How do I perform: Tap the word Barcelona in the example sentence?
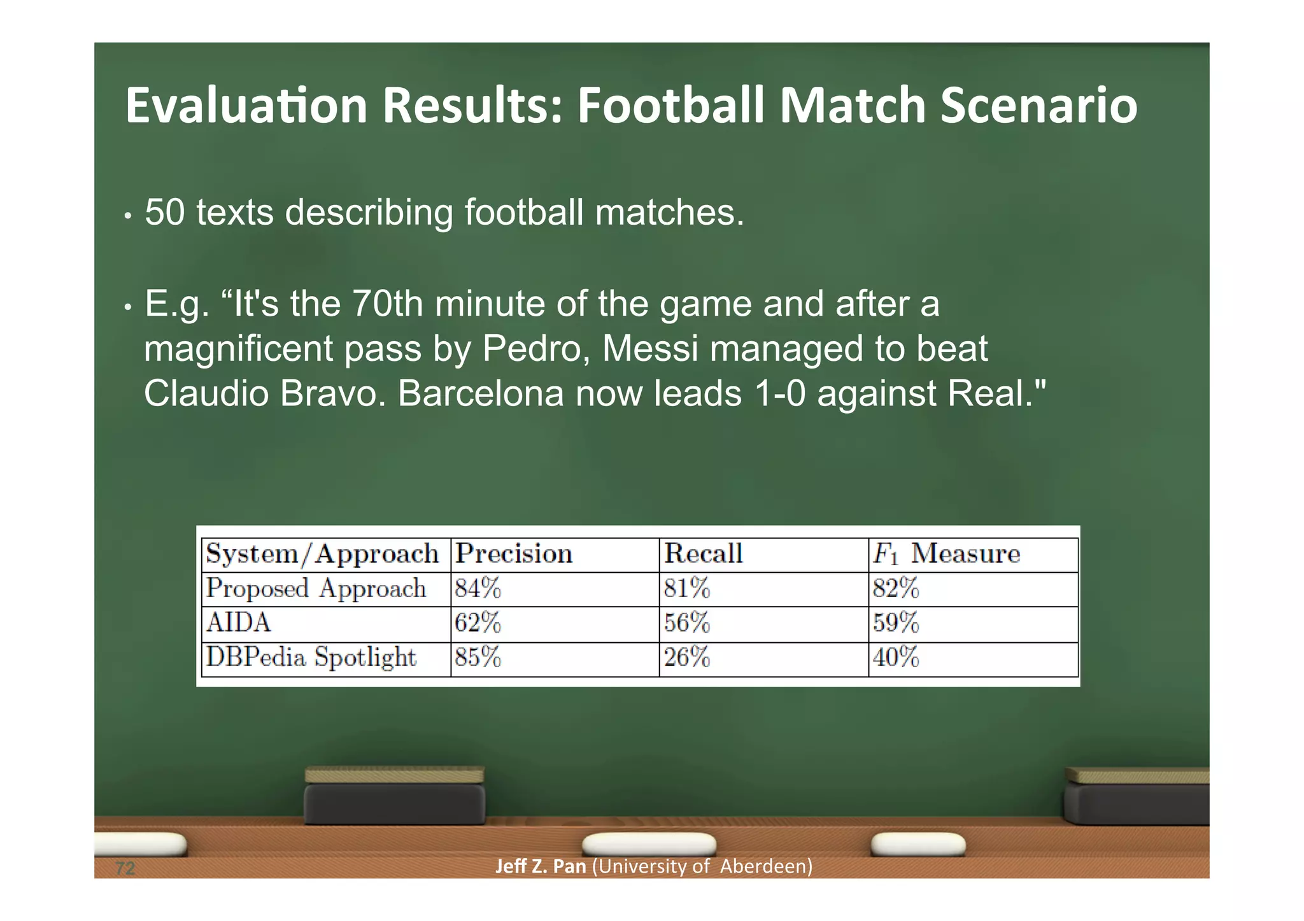click(x=481, y=393)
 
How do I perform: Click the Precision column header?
click(x=514, y=554)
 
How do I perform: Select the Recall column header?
click(x=703, y=554)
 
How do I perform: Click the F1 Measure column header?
click(x=946, y=554)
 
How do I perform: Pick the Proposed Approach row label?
click(x=316, y=589)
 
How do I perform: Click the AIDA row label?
click(x=238, y=623)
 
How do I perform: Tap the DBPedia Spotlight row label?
click(x=311, y=657)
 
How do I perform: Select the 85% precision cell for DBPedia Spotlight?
click(x=478, y=657)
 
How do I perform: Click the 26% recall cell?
click(x=686, y=657)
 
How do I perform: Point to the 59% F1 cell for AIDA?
click(x=895, y=623)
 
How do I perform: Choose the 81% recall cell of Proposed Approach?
click(x=686, y=589)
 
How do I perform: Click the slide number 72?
click(x=125, y=868)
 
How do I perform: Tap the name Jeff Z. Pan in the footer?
click(x=540, y=867)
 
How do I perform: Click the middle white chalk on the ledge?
click(x=649, y=845)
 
